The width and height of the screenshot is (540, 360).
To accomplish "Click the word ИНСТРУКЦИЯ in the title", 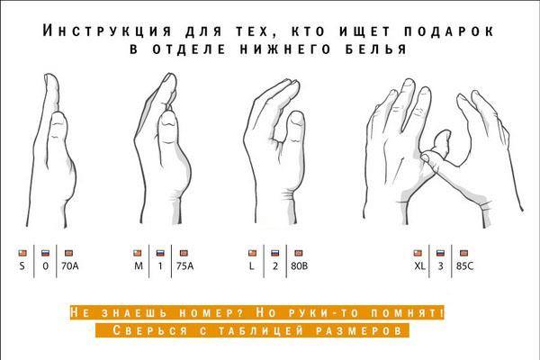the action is [107, 31].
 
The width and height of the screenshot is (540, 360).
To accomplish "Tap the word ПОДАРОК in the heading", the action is [449, 31].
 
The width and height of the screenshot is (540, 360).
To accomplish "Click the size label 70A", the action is [70, 266].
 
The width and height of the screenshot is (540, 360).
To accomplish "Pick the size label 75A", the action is [184, 266].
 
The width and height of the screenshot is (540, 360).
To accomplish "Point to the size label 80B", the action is [300, 266].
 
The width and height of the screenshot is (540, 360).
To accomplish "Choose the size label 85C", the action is [465, 266].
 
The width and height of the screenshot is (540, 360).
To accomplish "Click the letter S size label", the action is [22, 266].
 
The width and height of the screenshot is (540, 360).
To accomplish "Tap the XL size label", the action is [419, 266].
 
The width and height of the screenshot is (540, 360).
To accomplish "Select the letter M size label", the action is [139, 266].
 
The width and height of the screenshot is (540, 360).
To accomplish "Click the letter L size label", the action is [252, 266].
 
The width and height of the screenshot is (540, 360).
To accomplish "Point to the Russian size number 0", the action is [46, 266].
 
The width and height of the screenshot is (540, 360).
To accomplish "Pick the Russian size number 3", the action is [440, 266].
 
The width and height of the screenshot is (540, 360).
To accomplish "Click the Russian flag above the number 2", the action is [274, 253].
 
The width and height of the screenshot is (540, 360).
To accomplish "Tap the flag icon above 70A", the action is [69, 253].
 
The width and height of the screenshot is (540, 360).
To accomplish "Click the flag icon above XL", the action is [418, 253].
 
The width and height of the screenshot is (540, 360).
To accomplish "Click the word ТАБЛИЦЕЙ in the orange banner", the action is [261, 330].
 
